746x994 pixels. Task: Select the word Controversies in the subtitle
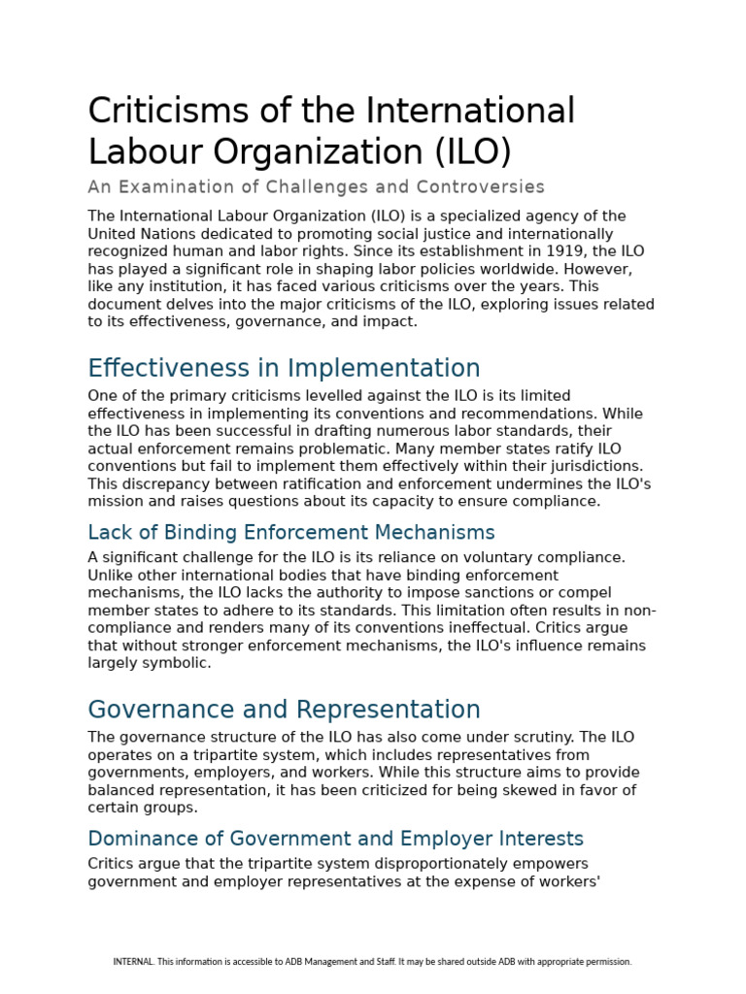pyautogui.click(x=481, y=186)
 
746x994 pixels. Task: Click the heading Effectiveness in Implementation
pyautogui.click(x=284, y=369)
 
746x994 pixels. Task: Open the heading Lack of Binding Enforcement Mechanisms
pyautogui.click(x=291, y=533)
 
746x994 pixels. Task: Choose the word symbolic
pyautogui.click(x=178, y=663)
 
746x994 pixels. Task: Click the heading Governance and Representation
pyautogui.click(x=284, y=710)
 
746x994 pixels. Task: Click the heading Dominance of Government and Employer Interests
pyautogui.click(x=335, y=839)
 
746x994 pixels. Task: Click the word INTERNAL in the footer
pyautogui.click(x=133, y=962)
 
